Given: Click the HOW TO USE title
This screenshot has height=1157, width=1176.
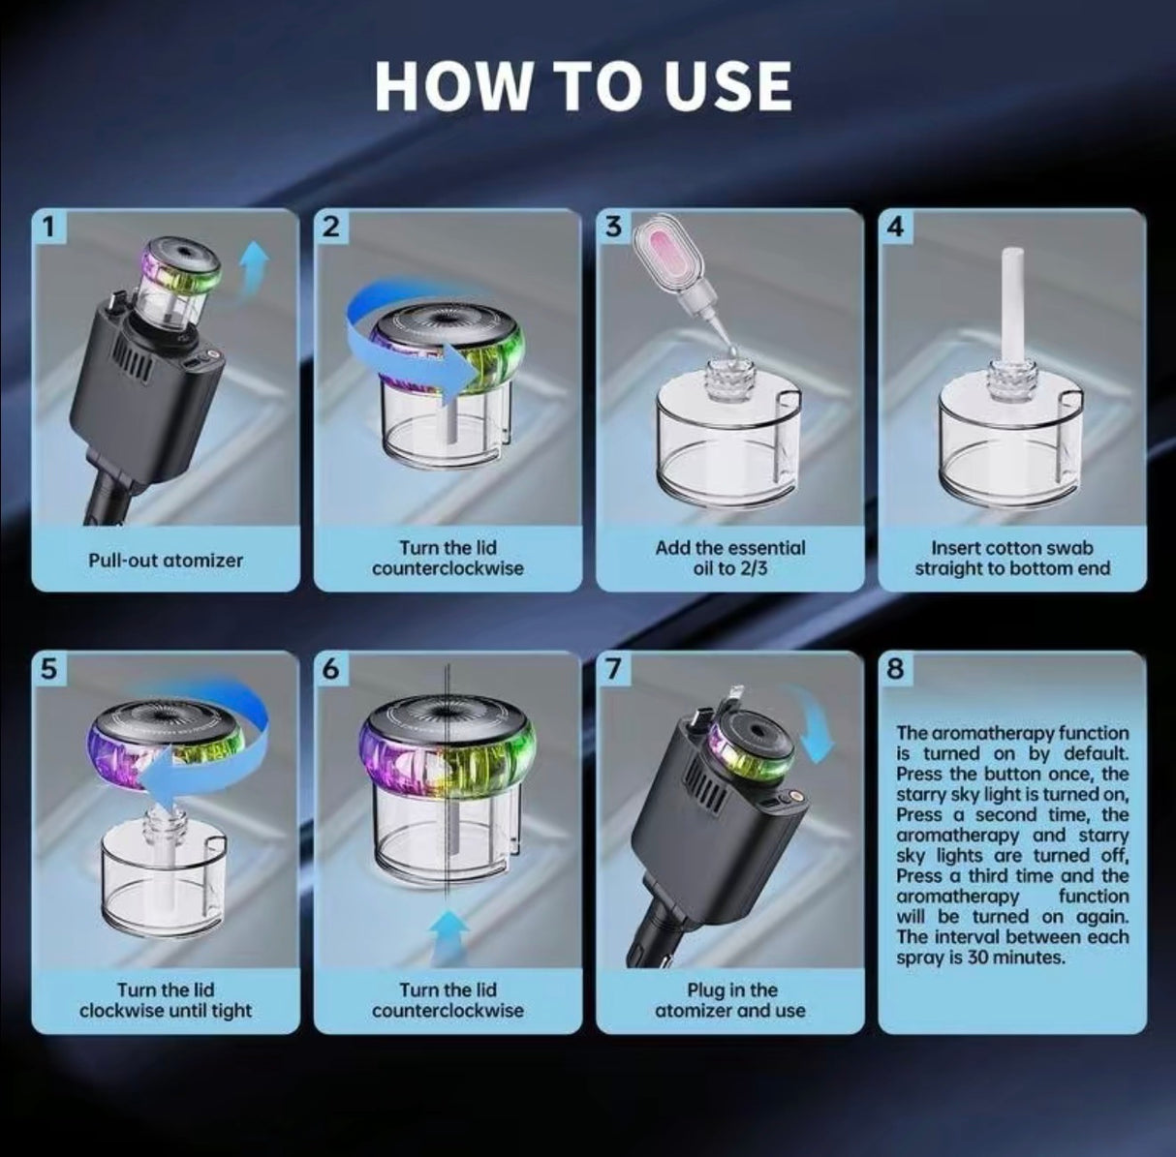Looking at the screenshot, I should coord(583,86).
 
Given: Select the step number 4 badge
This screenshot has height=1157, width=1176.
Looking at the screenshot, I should coord(895,227).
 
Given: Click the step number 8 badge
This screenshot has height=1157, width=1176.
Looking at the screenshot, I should coord(895,669).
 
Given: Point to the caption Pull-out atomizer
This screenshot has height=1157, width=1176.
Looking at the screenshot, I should coord(166,560).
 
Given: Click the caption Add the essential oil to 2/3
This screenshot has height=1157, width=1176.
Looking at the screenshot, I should coord(729,558).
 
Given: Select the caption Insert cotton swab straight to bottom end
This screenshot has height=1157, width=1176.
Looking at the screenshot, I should coord(1012,558).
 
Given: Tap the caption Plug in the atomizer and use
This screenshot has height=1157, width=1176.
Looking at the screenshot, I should coord(729,999).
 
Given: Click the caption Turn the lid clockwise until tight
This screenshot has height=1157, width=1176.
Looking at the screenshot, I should coord(166,999).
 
